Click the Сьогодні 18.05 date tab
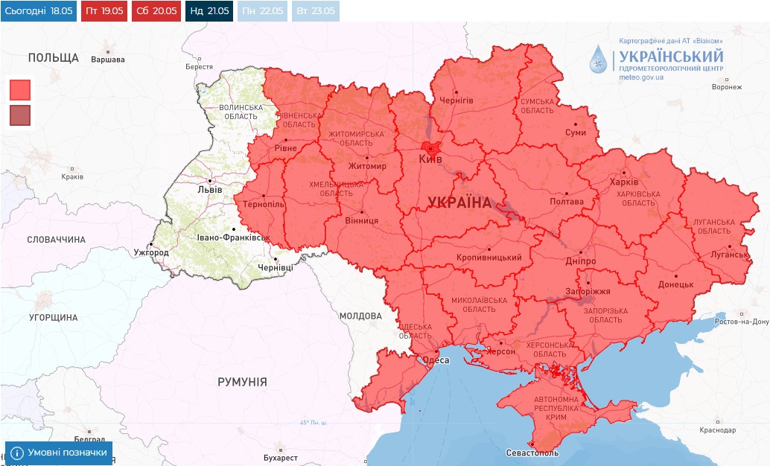pyautogui.click(x=39, y=11)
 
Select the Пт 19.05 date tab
pyautogui.click(x=103, y=11)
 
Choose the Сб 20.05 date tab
pyautogui.click(x=156, y=11)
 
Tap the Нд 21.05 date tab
pyautogui.click(x=209, y=11)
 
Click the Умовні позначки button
pyautogui.click(x=59, y=453)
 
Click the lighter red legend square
pyautogui.click(x=20, y=90)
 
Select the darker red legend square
pyautogui.click(x=20, y=115)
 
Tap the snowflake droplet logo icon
pyautogui.click(x=598, y=60)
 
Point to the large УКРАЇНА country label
pyautogui.click(x=459, y=202)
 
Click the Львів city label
pyautogui.click(x=209, y=189)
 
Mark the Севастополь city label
pyautogui.click(x=532, y=453)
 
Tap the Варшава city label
pyautogui.click(x=108, y=60)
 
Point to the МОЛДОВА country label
pyautogui.click(x=360, y=316)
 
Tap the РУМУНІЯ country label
pyautogui.click(x=242, y=382)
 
